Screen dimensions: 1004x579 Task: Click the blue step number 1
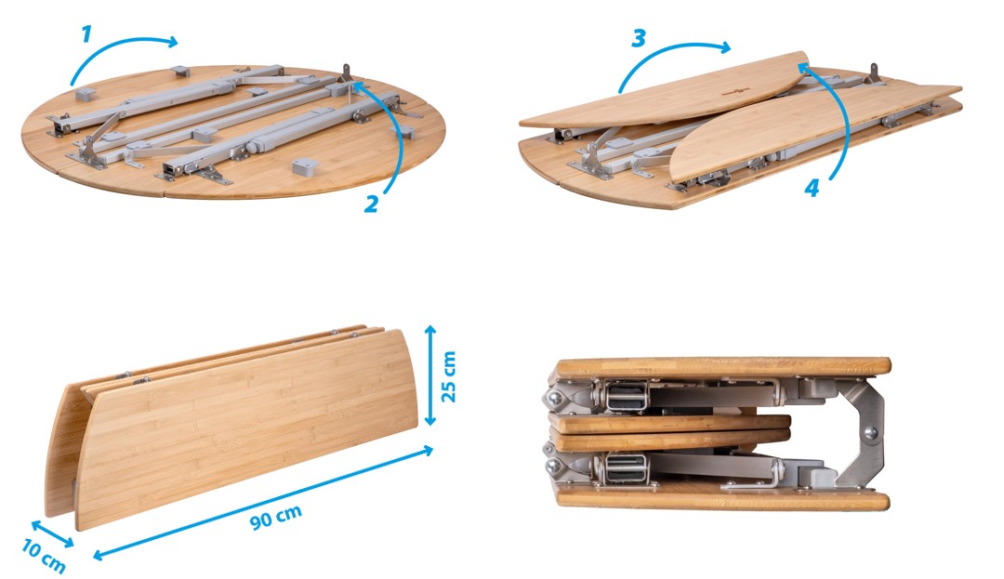click(86, 34)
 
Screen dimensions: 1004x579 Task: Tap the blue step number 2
click(371, 204)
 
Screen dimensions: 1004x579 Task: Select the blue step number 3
click(638, 38)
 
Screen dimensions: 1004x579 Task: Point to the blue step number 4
click(812, 188)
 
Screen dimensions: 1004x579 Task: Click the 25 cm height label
click(449, 376)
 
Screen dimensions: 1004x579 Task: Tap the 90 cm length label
click(276, 517)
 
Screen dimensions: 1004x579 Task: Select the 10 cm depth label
click(44, 556)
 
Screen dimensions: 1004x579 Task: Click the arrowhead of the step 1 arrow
click(172, 42)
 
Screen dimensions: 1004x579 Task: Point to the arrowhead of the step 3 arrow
click(724, 46)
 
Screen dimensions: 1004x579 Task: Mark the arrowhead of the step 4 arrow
click(803, 69)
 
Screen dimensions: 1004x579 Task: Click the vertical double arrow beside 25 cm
click(430, 375)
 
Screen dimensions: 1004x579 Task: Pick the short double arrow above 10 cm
click(52, 533)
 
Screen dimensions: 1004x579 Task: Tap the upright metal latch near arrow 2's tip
click(347, 72)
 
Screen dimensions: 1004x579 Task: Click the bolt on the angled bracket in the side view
click(869, 433)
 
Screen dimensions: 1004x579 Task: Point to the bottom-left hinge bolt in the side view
click(552, 467)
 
